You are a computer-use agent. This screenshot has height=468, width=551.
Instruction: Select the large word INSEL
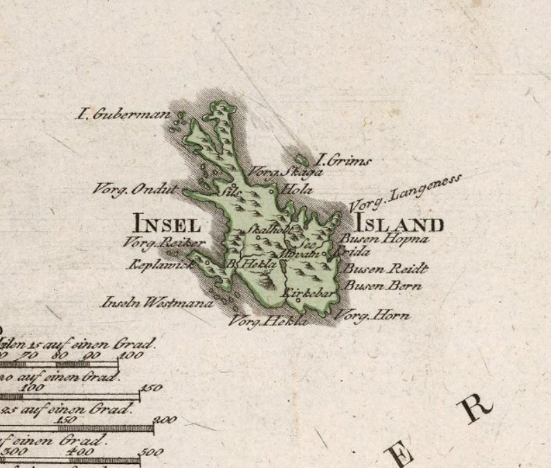pos(167,224)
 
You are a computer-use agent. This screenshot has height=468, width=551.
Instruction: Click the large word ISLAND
pos(399,224)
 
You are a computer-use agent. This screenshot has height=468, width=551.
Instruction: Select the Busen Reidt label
pos(386,269)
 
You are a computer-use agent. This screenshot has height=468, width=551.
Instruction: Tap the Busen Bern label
pos(382,285)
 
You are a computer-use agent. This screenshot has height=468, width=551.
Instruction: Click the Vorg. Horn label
pos(372,316)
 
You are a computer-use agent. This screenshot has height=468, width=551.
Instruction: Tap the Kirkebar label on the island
pos(309,294)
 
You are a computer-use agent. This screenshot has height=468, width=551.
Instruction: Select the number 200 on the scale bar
pos(166,420)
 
